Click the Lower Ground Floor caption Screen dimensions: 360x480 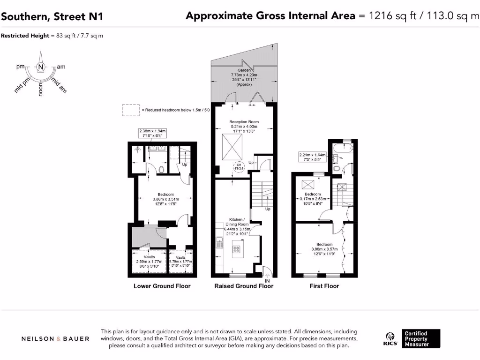tap(162, 286)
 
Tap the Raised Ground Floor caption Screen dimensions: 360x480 tap(244, 286)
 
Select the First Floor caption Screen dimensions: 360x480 tap(324, 286)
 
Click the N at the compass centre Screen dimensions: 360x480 tap(41, 67)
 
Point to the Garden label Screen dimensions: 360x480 tap(244, 70)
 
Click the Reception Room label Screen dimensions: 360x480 tap(244, 122)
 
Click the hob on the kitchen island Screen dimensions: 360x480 tap(237, 249)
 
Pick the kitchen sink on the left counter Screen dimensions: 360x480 tap(219, 242)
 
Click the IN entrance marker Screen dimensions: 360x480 tap(268, 280)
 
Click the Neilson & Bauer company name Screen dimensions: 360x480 tap(55, 339)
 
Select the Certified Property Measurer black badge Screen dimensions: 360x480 tap(421, 339)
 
